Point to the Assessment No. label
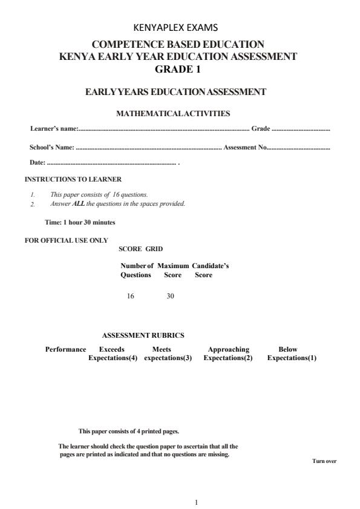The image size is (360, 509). (245, 147)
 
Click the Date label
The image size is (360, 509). (37, 163)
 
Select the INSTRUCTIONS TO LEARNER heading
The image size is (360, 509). (73, 179)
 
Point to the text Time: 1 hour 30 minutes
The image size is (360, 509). (80, 222)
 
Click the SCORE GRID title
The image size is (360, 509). (140, 249)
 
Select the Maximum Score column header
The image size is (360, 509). (173, 271)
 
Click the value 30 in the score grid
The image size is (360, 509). (170, 296)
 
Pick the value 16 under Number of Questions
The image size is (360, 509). (130, 296)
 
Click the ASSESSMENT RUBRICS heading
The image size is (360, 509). (143, 335)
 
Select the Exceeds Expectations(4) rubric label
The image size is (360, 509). (113, 353)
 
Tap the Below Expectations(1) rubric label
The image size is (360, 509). (292, 353)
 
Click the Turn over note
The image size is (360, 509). (324, 461)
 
